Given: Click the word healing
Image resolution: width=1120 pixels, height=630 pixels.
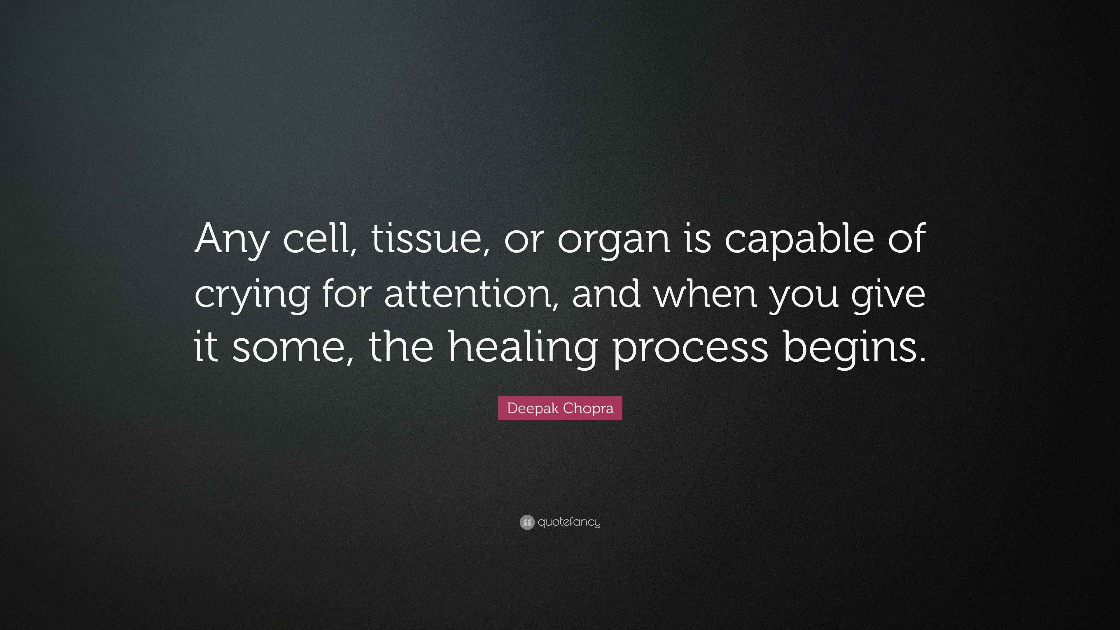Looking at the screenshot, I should [x=522, y=348].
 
